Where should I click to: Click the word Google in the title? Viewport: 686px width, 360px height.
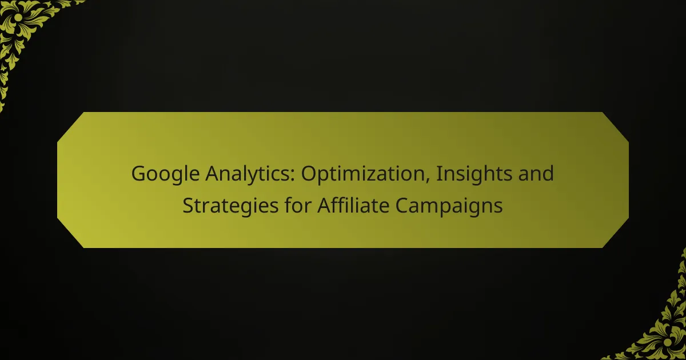pos(165,174)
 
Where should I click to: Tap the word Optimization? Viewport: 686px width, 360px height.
pos(366,174)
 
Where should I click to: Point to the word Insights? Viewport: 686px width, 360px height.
pos(474,174)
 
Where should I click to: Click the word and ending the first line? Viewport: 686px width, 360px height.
pos(536,173)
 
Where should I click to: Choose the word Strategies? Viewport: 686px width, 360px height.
pos(230,206)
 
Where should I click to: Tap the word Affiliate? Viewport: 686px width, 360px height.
pos(353,205)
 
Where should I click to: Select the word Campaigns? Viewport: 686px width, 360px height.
pos(449,206)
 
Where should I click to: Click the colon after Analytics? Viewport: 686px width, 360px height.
pos(293,177)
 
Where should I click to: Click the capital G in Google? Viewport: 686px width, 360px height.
pos(139,174)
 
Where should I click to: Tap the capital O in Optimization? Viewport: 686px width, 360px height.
pos(310,174)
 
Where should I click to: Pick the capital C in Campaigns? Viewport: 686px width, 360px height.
pos(402,205)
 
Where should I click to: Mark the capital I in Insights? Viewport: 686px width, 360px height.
pos(438,174)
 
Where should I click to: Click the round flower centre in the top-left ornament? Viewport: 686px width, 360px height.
pos(18,18)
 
